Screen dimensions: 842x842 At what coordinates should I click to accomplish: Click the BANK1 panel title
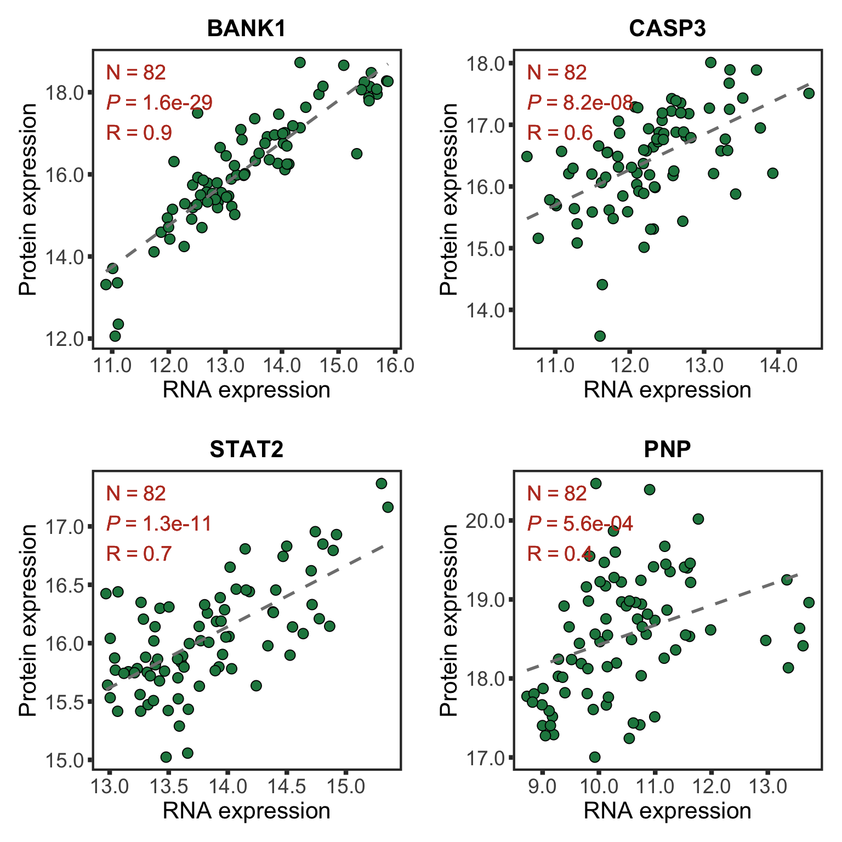point(247,29)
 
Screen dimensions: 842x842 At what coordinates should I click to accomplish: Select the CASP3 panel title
point(667,29)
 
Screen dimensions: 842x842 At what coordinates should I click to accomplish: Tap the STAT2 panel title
point(247,450)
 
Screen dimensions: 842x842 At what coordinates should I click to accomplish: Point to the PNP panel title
point(667,450)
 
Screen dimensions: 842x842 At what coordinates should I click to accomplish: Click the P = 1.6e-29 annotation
point(160,103)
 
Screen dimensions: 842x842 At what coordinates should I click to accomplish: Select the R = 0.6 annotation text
point(560,133)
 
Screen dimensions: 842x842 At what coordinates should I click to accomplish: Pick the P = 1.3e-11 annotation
point(159,524)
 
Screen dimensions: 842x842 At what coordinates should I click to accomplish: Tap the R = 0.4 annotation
point(560,554)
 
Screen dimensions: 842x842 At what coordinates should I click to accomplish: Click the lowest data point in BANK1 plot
point(115,336)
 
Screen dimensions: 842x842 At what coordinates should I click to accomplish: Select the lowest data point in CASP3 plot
point(600,336)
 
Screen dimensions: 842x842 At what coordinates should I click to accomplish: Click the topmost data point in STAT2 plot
point(382,483)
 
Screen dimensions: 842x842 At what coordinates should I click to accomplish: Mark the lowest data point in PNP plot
point(595,757)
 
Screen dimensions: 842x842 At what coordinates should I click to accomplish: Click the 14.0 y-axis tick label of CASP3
point(485,310)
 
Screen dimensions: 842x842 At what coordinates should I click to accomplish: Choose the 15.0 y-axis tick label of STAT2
point(64,760)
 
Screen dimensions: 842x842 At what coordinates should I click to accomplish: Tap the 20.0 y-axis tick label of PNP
point(485,520)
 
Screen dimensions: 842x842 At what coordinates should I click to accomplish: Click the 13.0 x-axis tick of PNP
point(767,786)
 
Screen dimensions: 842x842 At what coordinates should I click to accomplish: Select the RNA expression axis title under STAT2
point(247,811)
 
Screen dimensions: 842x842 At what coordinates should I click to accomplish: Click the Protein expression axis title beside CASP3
point(449,200)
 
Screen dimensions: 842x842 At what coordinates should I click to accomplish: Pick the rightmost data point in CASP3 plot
point(809,93)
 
